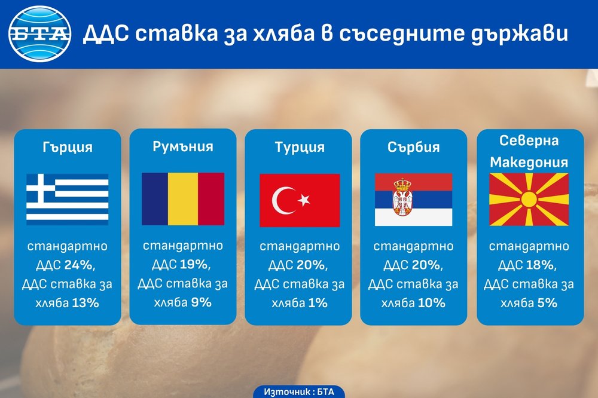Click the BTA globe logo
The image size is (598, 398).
point(39,34)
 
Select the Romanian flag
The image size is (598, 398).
point(183,198)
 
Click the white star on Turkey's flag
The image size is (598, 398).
point(304,200)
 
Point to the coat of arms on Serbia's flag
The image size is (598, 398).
point(402,197)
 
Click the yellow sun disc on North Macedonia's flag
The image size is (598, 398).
point(529,200)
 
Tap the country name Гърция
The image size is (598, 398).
point(68,147)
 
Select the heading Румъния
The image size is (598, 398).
point(183,147)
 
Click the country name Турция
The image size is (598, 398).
point(300,147)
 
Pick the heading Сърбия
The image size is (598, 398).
point(414,147)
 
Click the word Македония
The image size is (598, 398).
point(529,163)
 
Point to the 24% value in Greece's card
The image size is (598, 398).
point(80,265)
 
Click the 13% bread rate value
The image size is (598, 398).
point(86,303)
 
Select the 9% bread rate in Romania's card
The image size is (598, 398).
point(202,303)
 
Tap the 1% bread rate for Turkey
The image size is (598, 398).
point(318,303)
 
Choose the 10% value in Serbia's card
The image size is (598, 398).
point(432,303)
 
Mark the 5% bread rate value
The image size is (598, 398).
point(547,303)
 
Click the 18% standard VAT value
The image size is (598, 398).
point(542,265)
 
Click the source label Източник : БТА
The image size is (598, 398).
point(299,392)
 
